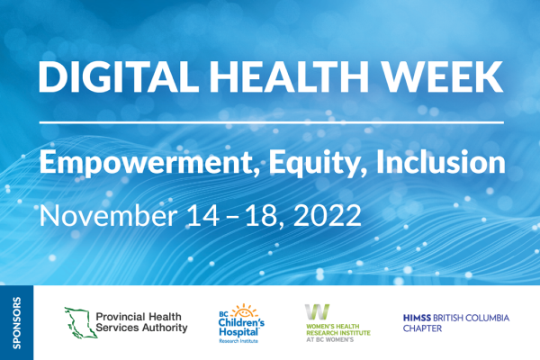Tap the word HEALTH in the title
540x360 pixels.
pyautogui.click(x=284, y=76)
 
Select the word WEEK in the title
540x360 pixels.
pyautogui.click(x=443, y=76)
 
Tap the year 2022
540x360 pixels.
pyautogui.click(x=328, y=215)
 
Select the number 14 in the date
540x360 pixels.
pyautogui.click(x=202, y=215)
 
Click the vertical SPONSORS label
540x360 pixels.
pyautogui.click(x=16, y=323)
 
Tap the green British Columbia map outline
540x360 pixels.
pyautogui.click(x=81, y=322)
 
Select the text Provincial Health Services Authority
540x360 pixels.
pyautogui.click(x=141, y=322)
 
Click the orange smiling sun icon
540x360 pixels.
pyautogui.click(x=244, y=310)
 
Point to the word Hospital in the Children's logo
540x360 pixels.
pyautogui.click(x=239, y=332)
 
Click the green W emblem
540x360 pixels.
pyautogui.click(x=317, y=311)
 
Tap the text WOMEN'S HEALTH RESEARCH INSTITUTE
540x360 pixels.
pyautogui.click(x=338, y=329)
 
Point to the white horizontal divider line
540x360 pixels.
pyautogui.click(x=272, y=122)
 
